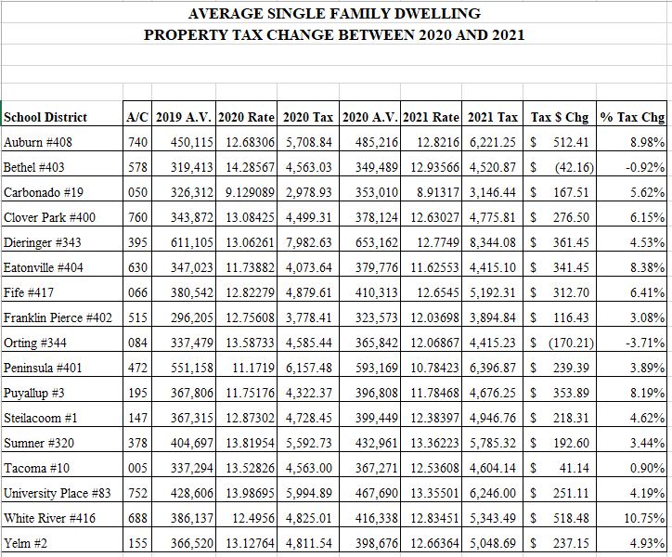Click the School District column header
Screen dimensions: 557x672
[45, 117]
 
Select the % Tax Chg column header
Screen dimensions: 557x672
[633, 117]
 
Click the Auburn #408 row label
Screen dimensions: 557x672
[38, 142]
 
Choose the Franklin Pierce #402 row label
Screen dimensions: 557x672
[58, 318]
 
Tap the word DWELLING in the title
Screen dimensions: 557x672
[435, 14]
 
